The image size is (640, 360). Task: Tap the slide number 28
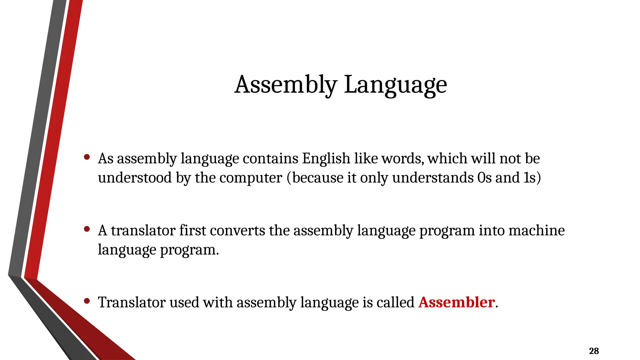(x=594, y=351)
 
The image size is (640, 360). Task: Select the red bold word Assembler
(x=457, y=302)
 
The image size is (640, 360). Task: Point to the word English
(x=326, y=158)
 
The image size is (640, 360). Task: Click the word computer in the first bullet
(x=251, y=178)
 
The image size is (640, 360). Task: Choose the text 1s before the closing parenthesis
(x=530, y=178)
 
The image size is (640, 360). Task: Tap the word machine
(x=536, y=231)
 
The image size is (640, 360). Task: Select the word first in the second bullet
(x=192, y=231)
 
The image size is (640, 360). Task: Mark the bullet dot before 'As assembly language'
(x=87, y=157)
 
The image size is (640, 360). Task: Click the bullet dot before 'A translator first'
(x=87, y=229)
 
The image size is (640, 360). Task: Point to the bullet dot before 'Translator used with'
(x=87, y=301)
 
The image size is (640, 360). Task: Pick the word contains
(x=270, y=158)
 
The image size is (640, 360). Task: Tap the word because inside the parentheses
(x=317, y=178)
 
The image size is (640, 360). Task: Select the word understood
(x=135, y=178)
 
